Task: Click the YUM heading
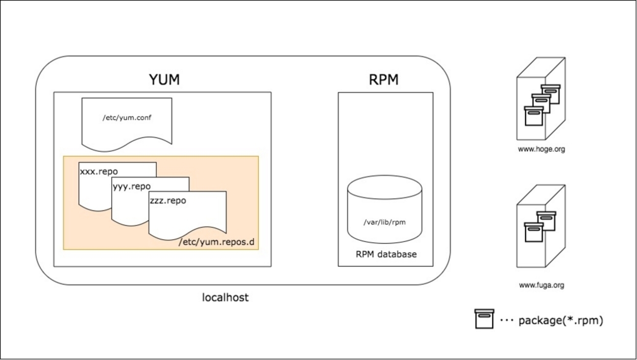click(x=164, y=79)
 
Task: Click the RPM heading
click(x=384, y=79)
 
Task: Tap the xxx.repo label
click(x=98, y=172)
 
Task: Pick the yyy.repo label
click(x=131, y=187)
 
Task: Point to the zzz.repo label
click(x=168, y=201)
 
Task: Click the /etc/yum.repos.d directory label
click(x=217, y=242)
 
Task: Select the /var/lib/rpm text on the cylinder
click(x=384, y=222)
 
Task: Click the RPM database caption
click(x=386, y=254)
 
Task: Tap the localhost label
click(x=225, y=297)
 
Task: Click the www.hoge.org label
click(x=541, y=149)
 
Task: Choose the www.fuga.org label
click(x=541, y=285)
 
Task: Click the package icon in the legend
click(x=484, y=319)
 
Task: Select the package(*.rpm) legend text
click(x=561, y=321)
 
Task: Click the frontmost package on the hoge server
click(x=534, y=116)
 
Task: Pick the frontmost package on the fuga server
click(x=534, y=232)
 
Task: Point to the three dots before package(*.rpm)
click(x=506, y=321)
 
